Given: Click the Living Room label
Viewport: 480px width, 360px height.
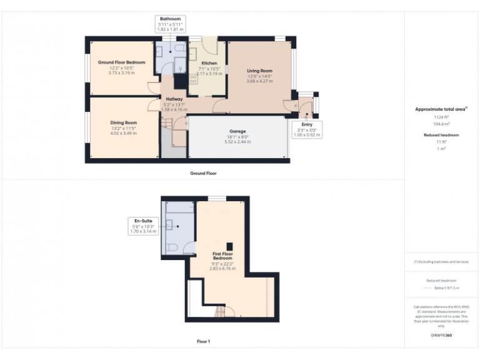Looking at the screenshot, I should click(x=259, y=71).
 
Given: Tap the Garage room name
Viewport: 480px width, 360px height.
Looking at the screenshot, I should click(x=236, y=131).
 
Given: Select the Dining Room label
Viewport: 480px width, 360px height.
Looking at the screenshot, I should click(x=124, y=122).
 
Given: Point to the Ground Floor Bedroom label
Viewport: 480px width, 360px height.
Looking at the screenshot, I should click(x=121, y=62).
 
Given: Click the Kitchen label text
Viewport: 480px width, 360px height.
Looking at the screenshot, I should click(x=209, y=63).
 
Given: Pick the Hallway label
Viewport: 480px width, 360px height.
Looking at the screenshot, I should click(x=174, y=99).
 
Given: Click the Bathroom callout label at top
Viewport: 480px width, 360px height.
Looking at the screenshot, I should click(x=169, y=19).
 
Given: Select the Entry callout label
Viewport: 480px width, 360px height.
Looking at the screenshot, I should click(x=306, y=124).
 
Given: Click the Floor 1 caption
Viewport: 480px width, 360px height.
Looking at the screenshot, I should click(x=203, y=341).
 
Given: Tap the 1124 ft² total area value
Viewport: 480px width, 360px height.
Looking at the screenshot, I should click(x=442, y=117).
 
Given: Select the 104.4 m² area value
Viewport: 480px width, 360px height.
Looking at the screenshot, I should click(x=442, y=124).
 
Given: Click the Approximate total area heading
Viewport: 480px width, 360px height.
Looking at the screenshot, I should click(x=441, y=109).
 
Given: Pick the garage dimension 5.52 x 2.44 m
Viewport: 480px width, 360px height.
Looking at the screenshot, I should click(x=236, y=142).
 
